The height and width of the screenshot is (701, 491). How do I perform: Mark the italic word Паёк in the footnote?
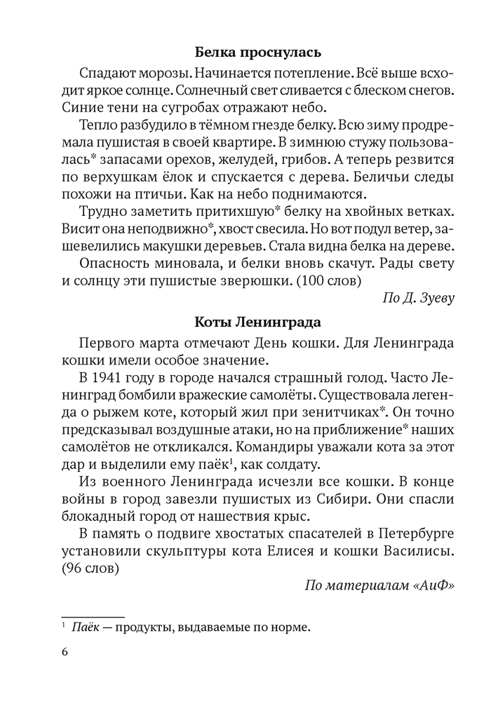(85, 627)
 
